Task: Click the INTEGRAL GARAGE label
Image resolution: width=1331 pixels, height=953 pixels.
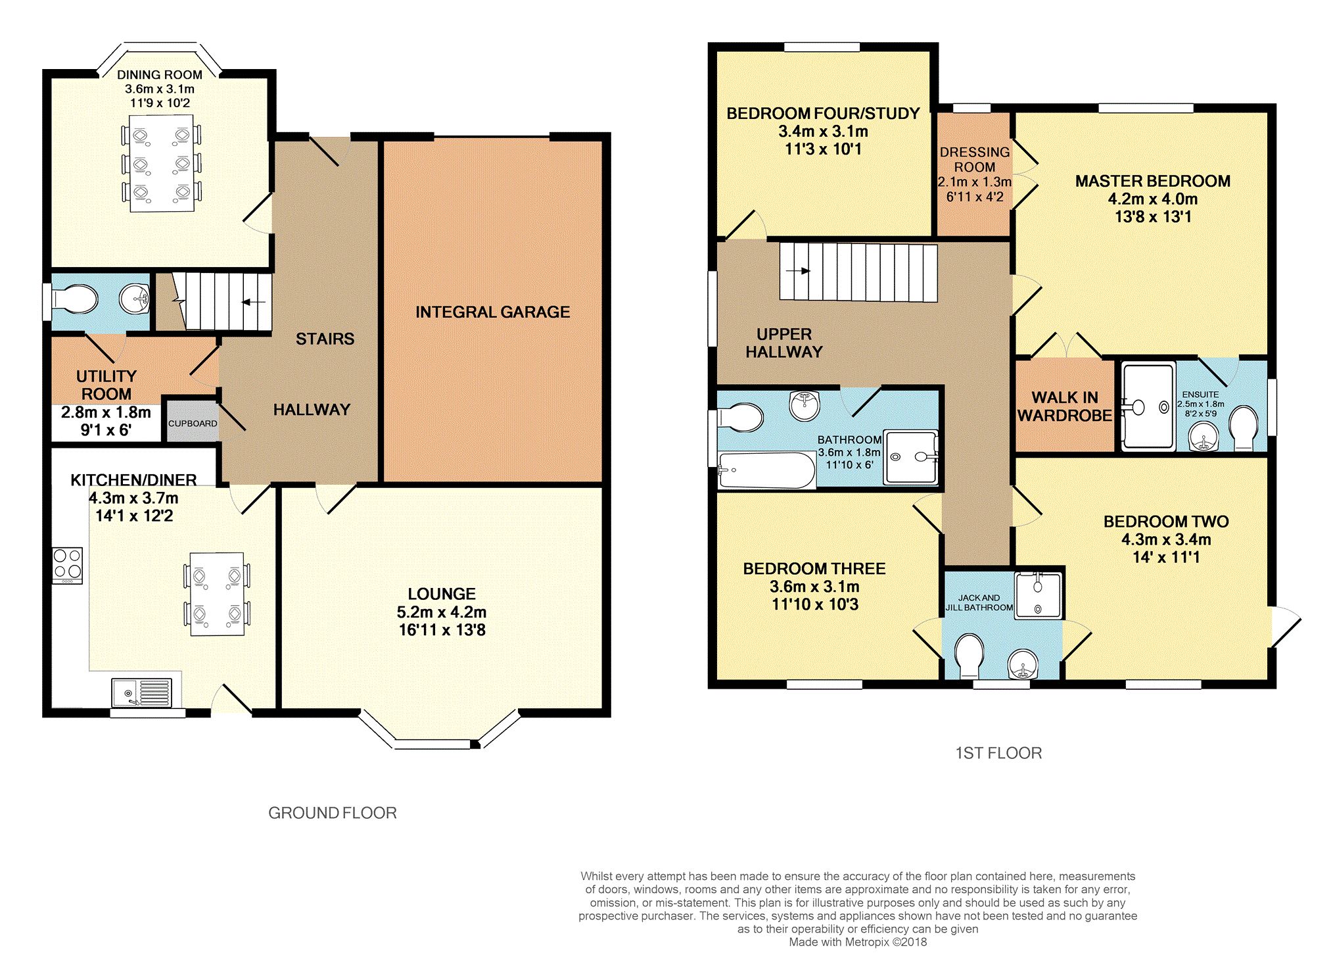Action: point(492,312)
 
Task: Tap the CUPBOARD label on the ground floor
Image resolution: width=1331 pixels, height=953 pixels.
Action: point(193,424)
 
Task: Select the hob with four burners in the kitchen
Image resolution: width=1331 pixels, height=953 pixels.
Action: point(68,565)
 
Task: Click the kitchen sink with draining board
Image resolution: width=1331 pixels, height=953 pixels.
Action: point(142,693)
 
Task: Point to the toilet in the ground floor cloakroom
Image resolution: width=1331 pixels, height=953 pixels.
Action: point(75,301)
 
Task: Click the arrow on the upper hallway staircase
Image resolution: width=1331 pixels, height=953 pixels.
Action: point(798,270)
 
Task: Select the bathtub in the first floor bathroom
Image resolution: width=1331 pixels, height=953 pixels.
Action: point(766,470)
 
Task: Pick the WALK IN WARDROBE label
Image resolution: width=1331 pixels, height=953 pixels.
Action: point(1065,406)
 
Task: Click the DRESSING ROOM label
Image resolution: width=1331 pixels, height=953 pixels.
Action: point(975,160)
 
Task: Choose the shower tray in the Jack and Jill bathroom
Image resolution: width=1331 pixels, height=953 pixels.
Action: point(1038,595)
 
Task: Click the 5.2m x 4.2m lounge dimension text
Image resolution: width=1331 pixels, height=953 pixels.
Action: point(442,612)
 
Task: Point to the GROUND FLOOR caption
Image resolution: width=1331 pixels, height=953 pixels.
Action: point(333,813)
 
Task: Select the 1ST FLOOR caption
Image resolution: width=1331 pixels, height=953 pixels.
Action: point(998,753)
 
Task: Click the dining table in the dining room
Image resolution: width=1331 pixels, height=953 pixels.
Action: point(162,164)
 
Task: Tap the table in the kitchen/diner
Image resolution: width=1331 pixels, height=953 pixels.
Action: point(217,594)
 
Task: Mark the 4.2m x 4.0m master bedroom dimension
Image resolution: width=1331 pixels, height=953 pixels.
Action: point(1153,199)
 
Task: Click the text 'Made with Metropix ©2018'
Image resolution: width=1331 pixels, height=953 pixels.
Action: point(858,942)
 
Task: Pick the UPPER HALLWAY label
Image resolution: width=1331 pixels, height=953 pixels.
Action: point(784,343)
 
